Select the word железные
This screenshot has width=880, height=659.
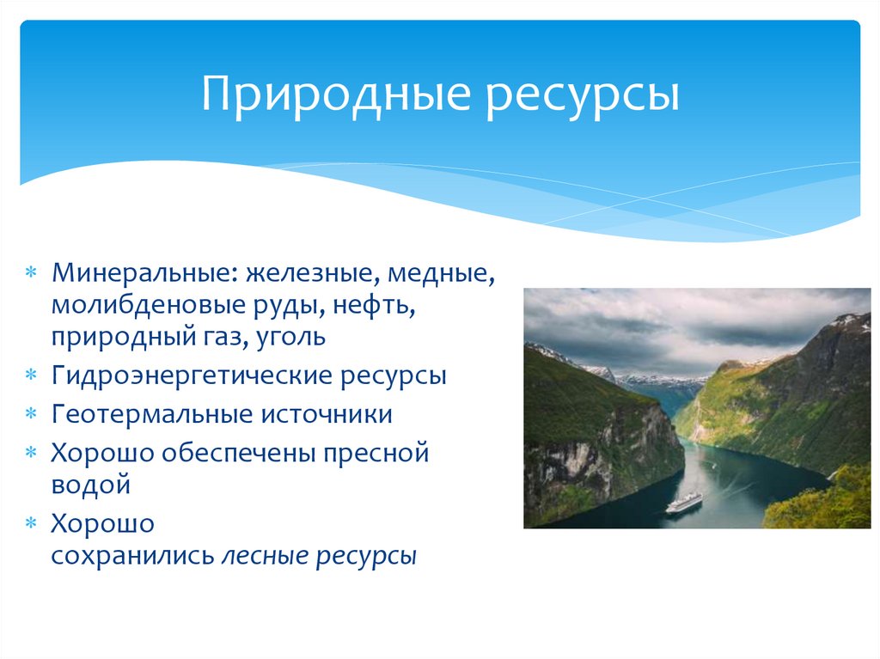311,276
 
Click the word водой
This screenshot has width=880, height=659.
90,484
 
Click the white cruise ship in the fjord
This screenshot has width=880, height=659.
683,502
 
